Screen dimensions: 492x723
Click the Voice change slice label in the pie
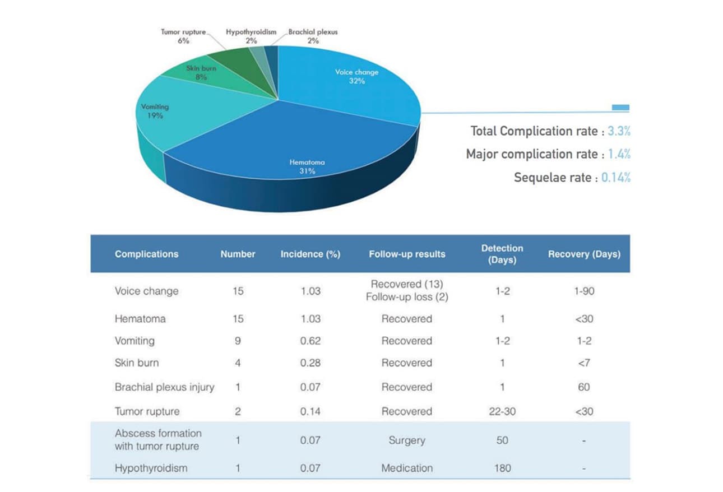356,76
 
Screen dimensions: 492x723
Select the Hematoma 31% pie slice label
307,166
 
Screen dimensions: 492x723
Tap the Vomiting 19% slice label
155,111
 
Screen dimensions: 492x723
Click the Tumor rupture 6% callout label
183,36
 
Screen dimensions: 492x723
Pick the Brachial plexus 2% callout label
313,36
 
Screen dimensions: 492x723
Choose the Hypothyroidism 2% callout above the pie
251,36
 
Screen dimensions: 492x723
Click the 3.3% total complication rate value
619,131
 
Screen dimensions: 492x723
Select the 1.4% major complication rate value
619,154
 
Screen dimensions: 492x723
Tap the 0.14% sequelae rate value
615,178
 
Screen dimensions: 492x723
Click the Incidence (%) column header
310,254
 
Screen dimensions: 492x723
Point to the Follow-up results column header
407,254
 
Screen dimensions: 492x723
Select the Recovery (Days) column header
584,254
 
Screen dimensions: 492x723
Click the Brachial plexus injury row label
164,387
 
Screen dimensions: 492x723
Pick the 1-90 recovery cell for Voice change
584,291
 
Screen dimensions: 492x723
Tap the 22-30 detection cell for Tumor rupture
502,411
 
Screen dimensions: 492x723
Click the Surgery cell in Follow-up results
407,440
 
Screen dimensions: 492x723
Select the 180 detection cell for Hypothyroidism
502,468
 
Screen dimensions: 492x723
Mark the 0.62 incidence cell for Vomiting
310,341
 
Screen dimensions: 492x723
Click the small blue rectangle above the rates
620,107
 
